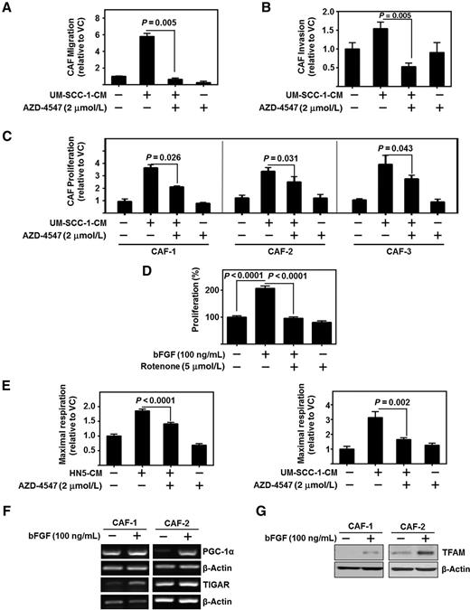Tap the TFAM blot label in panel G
pos(448,552)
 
